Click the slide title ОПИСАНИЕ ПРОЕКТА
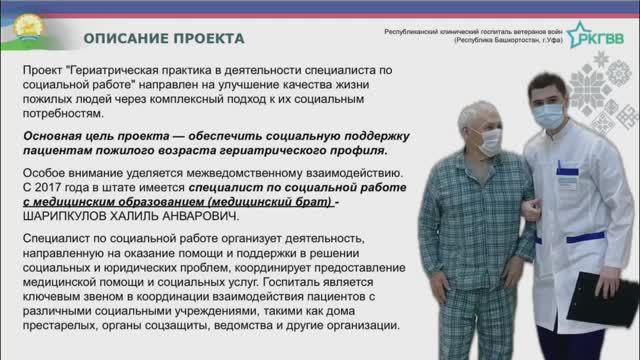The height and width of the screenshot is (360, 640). [x=163, y=38]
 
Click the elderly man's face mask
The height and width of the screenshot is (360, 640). [x=488, y=141]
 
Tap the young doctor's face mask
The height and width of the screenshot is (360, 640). [x=546, y=115]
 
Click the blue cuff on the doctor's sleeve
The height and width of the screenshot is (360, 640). [x=590, y=237]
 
